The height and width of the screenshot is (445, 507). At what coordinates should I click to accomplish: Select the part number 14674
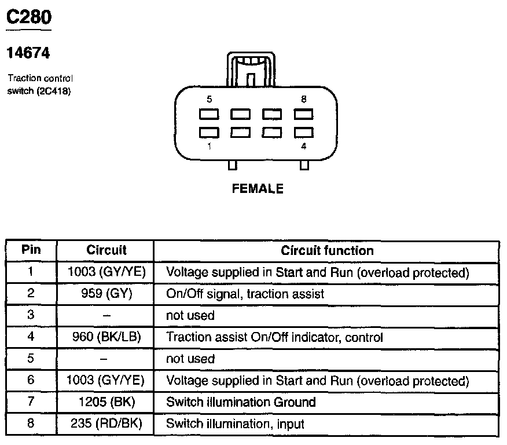tap(28, 53)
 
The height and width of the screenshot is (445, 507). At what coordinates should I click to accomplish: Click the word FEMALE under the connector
tap(258, 189)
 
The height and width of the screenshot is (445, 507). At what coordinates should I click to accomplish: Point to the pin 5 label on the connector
tap(209, 99)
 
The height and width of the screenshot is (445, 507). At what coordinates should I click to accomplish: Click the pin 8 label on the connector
tap(304, 99)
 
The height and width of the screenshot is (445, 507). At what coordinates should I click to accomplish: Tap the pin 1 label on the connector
tap(209, 147)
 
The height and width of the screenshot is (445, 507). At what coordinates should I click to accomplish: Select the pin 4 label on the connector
tap(304, 147)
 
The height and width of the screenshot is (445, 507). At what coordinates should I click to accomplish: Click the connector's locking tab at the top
tap(251, 68)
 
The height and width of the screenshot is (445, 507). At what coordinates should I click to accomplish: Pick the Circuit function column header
tap(327, 251)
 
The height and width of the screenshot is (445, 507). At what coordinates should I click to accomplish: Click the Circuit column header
tap(106, 251)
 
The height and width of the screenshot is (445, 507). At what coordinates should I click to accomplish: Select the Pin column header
tap(31, 250)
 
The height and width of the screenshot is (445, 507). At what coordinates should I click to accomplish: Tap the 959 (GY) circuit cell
tap(106, 294)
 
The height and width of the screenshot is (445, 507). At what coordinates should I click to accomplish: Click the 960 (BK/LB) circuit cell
tap(106, 337)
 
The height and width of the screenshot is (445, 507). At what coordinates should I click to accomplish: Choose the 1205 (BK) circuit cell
tap(106, 402)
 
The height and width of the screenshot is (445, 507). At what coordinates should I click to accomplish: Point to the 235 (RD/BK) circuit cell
tap(106, 424)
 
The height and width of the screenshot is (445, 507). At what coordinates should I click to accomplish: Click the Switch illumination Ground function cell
tap(241, 402)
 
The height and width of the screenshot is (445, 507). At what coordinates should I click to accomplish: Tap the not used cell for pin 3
tap(190, 315)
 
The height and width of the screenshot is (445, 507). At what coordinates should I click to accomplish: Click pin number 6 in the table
tap(31, 380)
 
